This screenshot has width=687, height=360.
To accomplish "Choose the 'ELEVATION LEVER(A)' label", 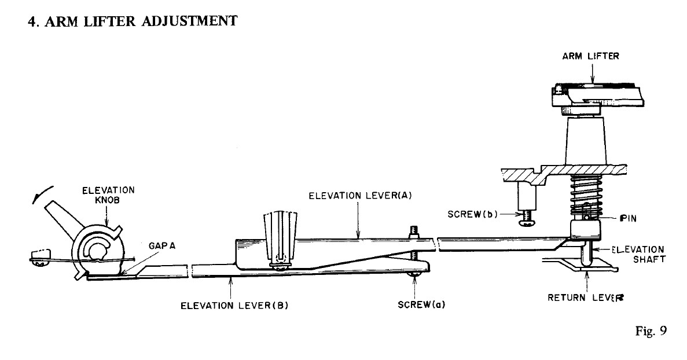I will (359, 196).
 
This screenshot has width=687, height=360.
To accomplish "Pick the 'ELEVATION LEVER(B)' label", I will (234, 306).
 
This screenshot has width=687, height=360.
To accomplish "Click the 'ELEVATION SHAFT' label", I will (639, 254).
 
